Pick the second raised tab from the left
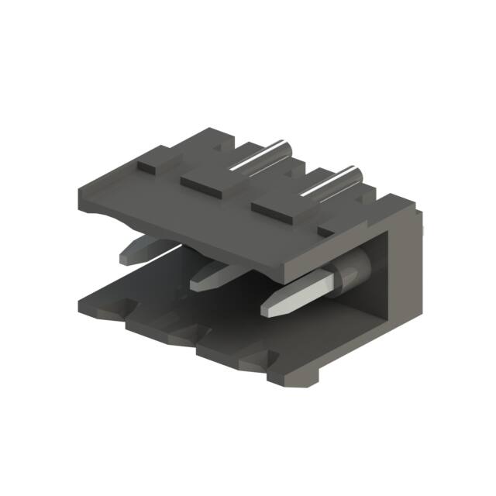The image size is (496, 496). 205,184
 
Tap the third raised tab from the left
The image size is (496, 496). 274,207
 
